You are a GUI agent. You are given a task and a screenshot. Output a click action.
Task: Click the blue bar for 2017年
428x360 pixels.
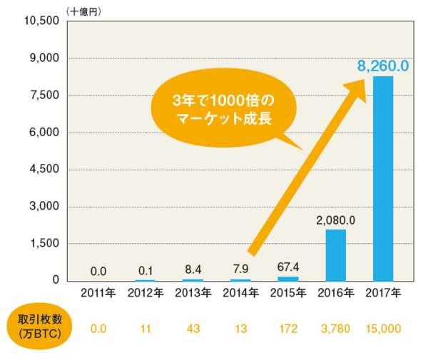(383, 178)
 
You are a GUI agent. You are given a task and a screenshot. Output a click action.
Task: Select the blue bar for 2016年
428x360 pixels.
(335, 254)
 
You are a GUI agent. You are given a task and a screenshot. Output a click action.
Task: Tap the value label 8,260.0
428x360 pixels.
(383, 66)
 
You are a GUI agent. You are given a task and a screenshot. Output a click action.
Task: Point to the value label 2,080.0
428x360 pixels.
(335, 220)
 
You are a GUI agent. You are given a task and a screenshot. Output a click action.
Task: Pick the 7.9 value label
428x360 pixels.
(240, 270)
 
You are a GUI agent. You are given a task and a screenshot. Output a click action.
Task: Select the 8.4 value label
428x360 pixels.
(193, 270)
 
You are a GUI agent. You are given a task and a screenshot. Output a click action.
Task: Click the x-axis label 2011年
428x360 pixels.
(98, 292)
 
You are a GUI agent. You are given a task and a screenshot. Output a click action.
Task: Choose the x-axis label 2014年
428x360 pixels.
(240, 292)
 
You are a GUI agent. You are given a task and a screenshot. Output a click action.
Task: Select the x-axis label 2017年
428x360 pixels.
(383, 292)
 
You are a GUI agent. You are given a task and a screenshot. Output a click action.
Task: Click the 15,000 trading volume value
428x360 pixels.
(383, 329)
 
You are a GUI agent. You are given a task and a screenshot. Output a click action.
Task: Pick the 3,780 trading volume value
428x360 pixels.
(335, 329)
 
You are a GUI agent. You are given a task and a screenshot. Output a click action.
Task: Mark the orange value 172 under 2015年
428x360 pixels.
(287, 329)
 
